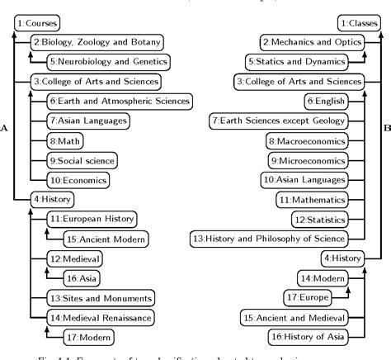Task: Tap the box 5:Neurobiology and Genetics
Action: tap(109, 61)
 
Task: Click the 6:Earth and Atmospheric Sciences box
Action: tap(120, 101)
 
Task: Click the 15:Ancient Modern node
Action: tap(105, 238)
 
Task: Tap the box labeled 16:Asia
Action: tap(83, 277)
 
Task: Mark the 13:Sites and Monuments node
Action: tap(99, 297)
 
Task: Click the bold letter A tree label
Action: tap(6, 129)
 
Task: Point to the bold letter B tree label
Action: tap(386, 129)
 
